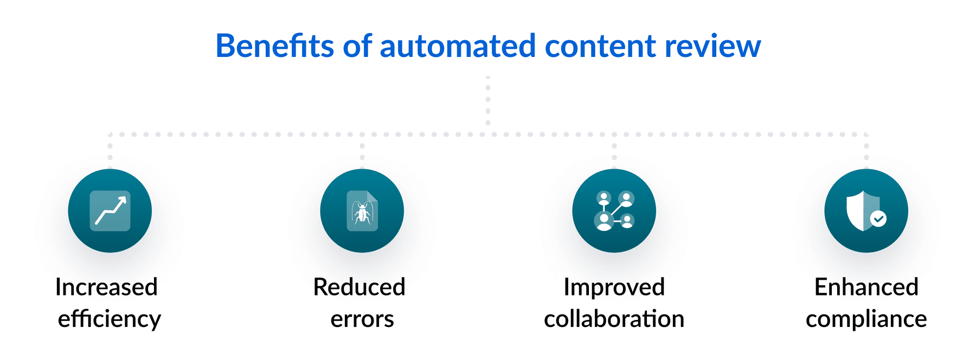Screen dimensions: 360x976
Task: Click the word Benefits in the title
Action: coord(274,46)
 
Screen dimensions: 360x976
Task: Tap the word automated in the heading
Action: coord(458,46)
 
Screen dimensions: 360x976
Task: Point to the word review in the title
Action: coord(712,46)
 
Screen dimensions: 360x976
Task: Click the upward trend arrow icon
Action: coord(110,211)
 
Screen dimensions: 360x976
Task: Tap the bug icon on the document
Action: coord(362,213)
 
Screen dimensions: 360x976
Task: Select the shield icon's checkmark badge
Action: coord(878,218)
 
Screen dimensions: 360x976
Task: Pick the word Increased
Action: coord(106,287)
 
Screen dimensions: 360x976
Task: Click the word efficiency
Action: coord(110,319)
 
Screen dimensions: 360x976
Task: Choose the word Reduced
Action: coord(359,287)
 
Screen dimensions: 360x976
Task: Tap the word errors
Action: coord(362,319)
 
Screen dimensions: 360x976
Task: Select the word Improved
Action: coord(614,287)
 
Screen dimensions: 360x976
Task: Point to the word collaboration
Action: coord(614,319)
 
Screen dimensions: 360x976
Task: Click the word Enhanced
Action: coord(866,287)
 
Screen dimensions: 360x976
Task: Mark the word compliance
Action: coord(866,319)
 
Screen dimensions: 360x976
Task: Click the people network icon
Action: coord(614,211)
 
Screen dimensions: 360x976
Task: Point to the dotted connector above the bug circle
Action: coord(362,152)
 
